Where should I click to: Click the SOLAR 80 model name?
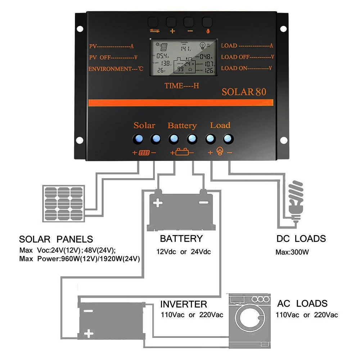(244, 91)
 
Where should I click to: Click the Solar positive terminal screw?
(138, 139)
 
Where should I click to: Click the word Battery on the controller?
(182, 126)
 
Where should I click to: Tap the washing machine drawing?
(249, 315)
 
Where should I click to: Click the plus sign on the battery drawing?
(158, 203)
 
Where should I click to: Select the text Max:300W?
(292, 252)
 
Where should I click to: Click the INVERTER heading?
(184, 304)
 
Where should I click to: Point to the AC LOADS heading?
(302, 303)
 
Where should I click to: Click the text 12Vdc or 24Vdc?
(183, 252)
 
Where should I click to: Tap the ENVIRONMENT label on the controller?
(116, 69)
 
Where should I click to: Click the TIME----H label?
(182, 86)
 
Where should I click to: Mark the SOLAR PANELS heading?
(56, 239)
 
